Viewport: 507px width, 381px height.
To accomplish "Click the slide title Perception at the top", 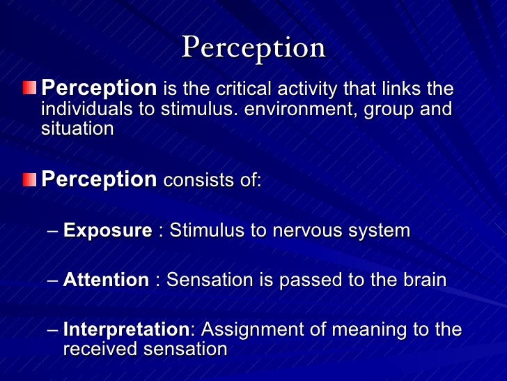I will coord(253,47).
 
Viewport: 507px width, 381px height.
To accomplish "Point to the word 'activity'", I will coord(313,89).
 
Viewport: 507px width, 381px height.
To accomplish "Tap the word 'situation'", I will coord(77,129).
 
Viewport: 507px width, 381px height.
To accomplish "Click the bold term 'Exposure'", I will coord(107,231).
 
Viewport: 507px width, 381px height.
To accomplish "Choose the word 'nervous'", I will coord(305,231).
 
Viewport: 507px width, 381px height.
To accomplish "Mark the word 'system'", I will coord(377,232).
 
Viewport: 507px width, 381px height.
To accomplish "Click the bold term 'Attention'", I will coord(106,281).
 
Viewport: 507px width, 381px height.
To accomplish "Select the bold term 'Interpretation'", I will coord(125,330).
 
